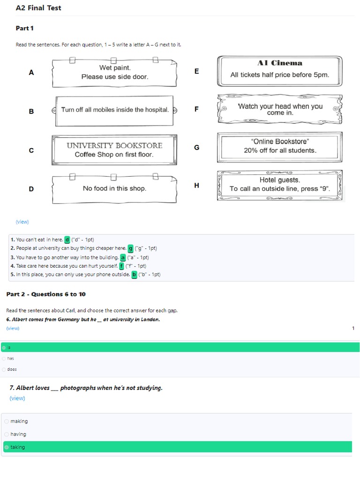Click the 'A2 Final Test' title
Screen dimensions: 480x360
38,8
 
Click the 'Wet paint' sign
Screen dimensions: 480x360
114,73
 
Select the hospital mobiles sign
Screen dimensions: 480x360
114,110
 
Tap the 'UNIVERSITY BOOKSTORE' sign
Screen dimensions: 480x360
114,150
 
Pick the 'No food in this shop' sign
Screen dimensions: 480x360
114,188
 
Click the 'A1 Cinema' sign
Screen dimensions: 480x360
280,70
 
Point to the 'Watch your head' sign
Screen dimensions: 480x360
280,109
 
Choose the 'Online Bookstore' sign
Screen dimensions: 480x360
280,147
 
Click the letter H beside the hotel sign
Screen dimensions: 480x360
196,186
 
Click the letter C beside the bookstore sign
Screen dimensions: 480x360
31,150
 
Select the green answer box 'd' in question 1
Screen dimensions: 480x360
67,240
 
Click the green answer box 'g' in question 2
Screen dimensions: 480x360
131,248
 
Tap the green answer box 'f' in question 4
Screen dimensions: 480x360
121,266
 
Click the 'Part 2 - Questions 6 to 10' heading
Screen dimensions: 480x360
46,294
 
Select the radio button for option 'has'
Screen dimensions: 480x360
4,358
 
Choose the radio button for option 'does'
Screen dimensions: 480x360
4,369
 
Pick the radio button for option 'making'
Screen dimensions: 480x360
7,421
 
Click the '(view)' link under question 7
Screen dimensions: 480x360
17,398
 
